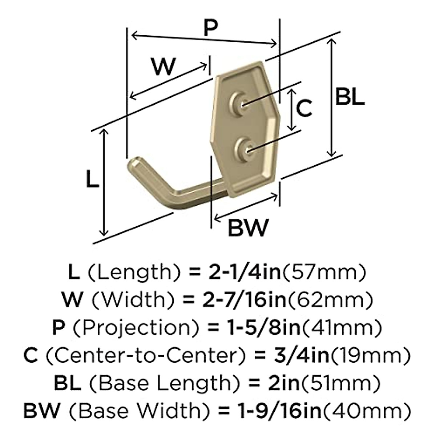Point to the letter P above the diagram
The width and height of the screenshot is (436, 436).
tap(211, 27)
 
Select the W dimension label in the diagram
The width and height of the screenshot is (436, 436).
tap(163, 66)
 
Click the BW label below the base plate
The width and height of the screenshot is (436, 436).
tap(248, 228)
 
